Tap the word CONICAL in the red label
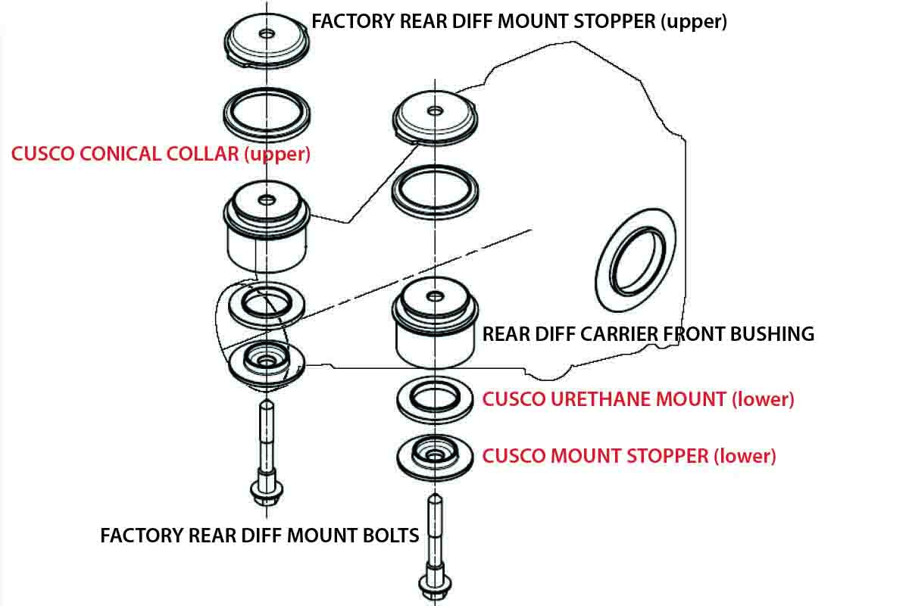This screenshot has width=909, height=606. tap(121, 154)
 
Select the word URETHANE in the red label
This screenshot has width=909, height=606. tap(603, 399)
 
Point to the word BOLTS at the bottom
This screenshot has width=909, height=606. tap(391, 536)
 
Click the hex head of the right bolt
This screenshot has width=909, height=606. tap(435, 585)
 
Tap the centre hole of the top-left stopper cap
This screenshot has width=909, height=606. tap(267, 33)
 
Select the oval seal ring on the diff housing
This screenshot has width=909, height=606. tap(636, 260)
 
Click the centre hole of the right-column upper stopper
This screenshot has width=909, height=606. tap(435, 111)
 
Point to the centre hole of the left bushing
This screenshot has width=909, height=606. tap(267, 200)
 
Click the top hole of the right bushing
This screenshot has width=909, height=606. tap(435, 296)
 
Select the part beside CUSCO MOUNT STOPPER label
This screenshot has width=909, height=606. tap(435, 457)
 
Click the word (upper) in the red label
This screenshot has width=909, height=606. tap(277, 155)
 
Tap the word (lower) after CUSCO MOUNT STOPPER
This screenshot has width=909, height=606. tap(745, 457)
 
